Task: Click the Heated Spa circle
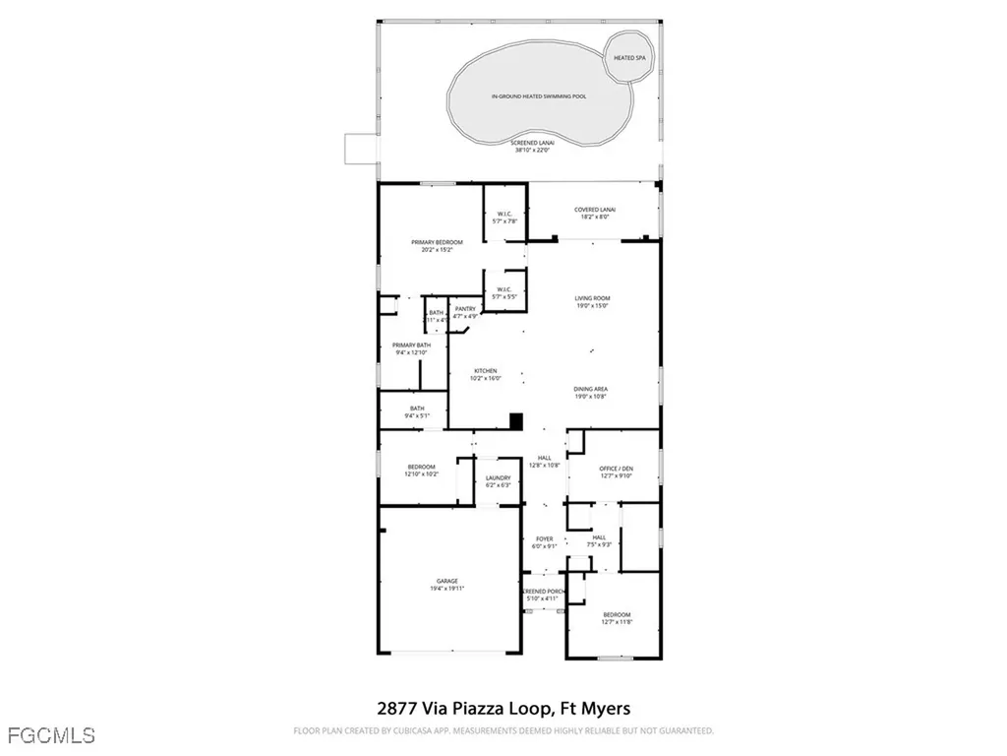(x=630, y=57)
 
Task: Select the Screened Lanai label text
(x=534, y=147)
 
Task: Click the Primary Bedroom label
(x=437, y=245)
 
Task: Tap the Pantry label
(x=465, y=312)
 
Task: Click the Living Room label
(x=593, y=301)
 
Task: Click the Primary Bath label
(x=411, y=348)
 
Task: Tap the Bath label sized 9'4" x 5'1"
(x=417, y=412)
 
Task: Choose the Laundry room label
(x=499, y=481)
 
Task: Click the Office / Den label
(x=616, y=472)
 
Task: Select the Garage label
(x=447, y=584)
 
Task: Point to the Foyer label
(x=544, y=542)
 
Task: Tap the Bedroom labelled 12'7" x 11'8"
(x=617, y=617)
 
